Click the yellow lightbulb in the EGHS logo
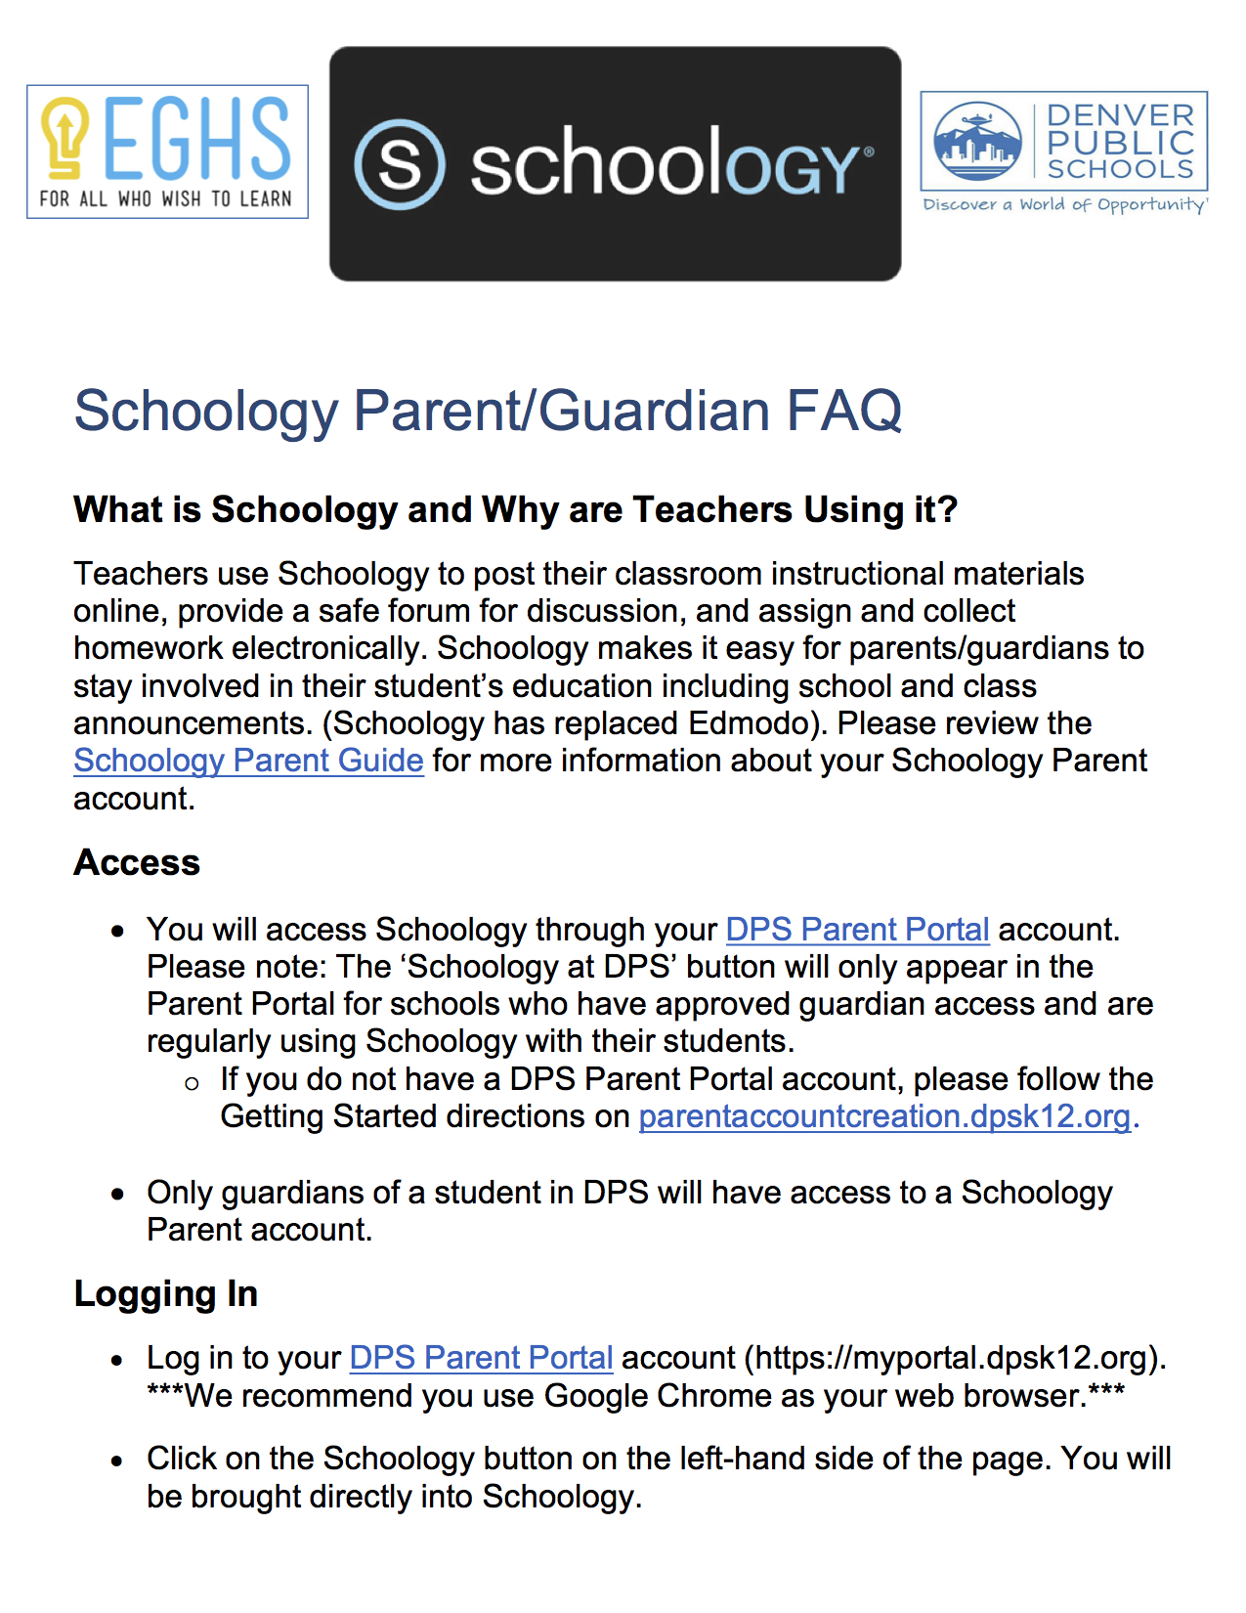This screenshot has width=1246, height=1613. (65, 137)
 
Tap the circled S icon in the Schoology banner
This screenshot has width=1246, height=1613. (400, 164)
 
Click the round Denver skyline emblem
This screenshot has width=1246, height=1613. (977, 142)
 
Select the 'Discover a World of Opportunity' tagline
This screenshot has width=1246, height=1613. (1065, 204)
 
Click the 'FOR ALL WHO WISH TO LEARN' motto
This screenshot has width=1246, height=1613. (166, 198)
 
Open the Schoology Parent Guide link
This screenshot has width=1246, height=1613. (248, 761)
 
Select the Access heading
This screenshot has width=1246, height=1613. (137, 862)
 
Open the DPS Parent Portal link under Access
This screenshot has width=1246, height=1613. (857, 929)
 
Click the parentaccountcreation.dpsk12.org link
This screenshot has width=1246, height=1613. (884, 1116)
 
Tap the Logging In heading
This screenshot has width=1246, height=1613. (165, 1293)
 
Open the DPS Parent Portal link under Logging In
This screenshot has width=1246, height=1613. (481, 1358)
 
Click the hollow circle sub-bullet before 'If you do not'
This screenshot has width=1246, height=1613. (192, 1083)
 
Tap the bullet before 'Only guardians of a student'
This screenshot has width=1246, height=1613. (118, 1194)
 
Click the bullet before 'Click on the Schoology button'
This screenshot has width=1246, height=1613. (118, 1461)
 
